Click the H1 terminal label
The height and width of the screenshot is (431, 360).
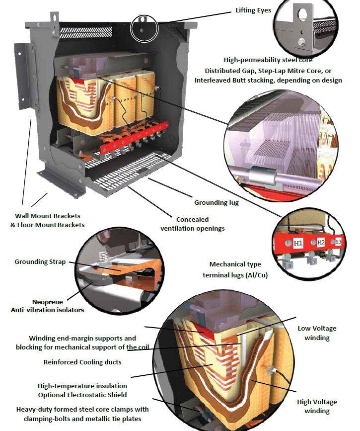[298, 243]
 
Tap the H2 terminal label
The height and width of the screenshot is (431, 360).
[321, 243]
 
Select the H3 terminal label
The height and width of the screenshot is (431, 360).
[338, 242]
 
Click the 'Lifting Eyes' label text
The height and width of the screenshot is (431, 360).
[253, 10]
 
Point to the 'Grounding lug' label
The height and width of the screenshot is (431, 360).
[216, 202]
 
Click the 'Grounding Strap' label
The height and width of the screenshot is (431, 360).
[40, 261]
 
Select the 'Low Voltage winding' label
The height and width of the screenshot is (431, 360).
[317, 333]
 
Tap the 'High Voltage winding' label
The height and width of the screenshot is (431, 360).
[317, 406]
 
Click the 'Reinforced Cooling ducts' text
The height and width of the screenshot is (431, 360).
[82, 362]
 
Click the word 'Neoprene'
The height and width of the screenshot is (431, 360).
[47, 302]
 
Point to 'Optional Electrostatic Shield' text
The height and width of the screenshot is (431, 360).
[82, 395]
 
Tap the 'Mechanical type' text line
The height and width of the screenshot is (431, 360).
[235, 264]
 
